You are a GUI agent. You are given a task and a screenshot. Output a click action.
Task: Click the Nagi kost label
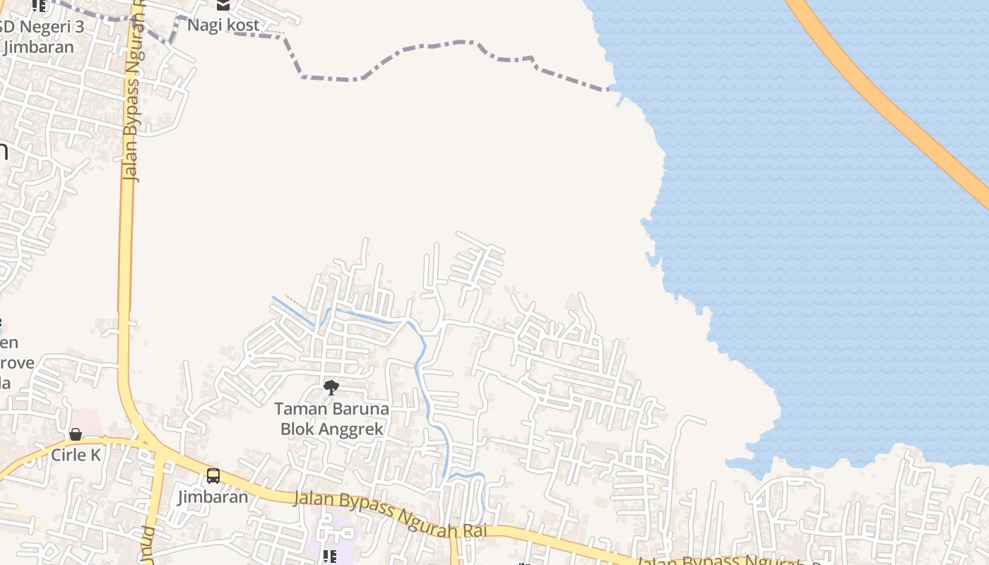(x=223, y=25)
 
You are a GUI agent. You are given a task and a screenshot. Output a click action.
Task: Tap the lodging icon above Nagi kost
(x=223, y=5)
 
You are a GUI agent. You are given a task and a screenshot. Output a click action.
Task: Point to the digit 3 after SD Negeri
(x=79, y=27)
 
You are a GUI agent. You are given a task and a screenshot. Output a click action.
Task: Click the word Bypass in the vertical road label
(x=130, y=113)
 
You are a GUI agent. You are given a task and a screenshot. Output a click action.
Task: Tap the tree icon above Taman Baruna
(x=331, y=387)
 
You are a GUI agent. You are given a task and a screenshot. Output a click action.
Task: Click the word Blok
(x=297, y=429)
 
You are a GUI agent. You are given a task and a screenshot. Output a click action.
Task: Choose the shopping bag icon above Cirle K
(x=76, y=434)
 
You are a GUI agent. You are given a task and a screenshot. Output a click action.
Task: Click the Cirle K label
(x=76, y=455)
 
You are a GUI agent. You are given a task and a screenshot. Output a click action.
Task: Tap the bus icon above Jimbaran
(x=213, y=476)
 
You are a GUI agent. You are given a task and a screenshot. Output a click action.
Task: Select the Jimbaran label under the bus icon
(x=213, y=496)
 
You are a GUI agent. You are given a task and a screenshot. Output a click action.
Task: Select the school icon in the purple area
(x=330, y=557)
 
